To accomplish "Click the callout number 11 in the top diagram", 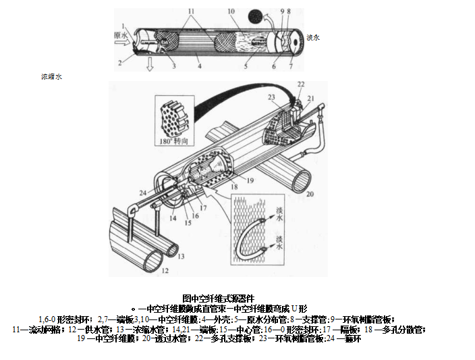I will [x=190, y=11].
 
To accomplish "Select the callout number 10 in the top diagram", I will [x=231, y=11].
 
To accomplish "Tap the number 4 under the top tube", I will [x=200, y=66].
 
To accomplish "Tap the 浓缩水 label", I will [x=51, y=78].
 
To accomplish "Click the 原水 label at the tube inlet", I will [x=120, y=34].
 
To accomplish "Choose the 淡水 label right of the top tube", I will [x=313, y=37].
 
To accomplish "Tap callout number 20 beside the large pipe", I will [x=310, y=194].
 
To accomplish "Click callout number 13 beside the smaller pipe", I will [x=180, y=256].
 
